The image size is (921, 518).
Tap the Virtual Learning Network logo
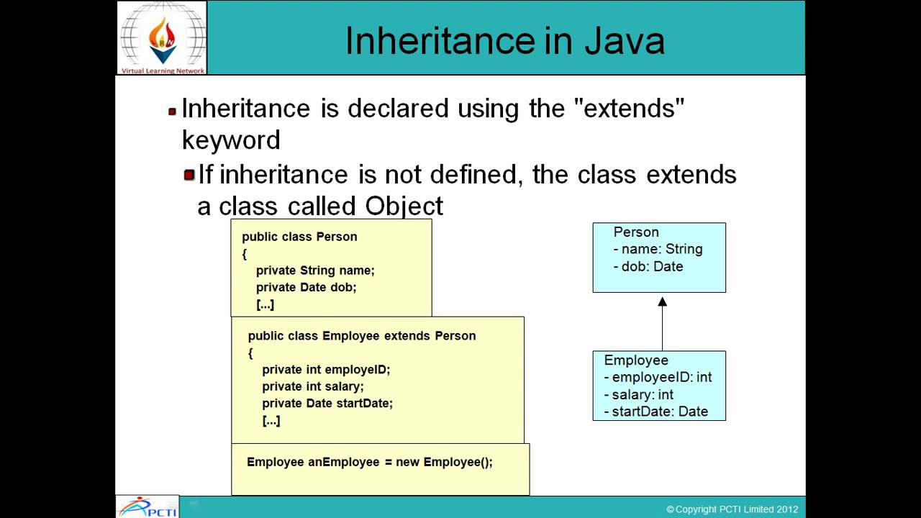[163, 37]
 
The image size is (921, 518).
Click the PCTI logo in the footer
[148, 506]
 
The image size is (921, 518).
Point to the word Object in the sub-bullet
[404, 206]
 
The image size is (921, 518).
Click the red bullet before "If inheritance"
[189, 175]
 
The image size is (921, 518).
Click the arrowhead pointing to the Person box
[662, 301]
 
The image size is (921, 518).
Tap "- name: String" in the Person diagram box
[658, 249]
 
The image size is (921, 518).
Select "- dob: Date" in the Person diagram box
[648, 266]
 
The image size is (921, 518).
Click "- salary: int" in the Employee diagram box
[638, 394]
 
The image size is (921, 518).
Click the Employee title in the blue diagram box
[636, 360]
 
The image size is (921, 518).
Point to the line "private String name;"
[315, 271]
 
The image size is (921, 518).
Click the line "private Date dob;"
[306, 287]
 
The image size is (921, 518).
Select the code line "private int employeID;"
[325, 369]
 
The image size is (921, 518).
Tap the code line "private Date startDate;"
[327, 403]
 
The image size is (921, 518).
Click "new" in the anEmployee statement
[407, 462]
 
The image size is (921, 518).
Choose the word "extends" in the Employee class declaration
[407, 335]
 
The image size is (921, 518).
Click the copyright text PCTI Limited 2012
[732, 509]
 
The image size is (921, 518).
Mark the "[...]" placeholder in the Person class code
[265, 304]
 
